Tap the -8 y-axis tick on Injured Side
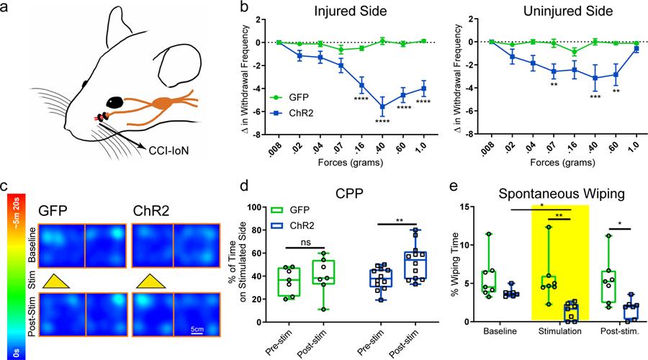click(x=267, y=134)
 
